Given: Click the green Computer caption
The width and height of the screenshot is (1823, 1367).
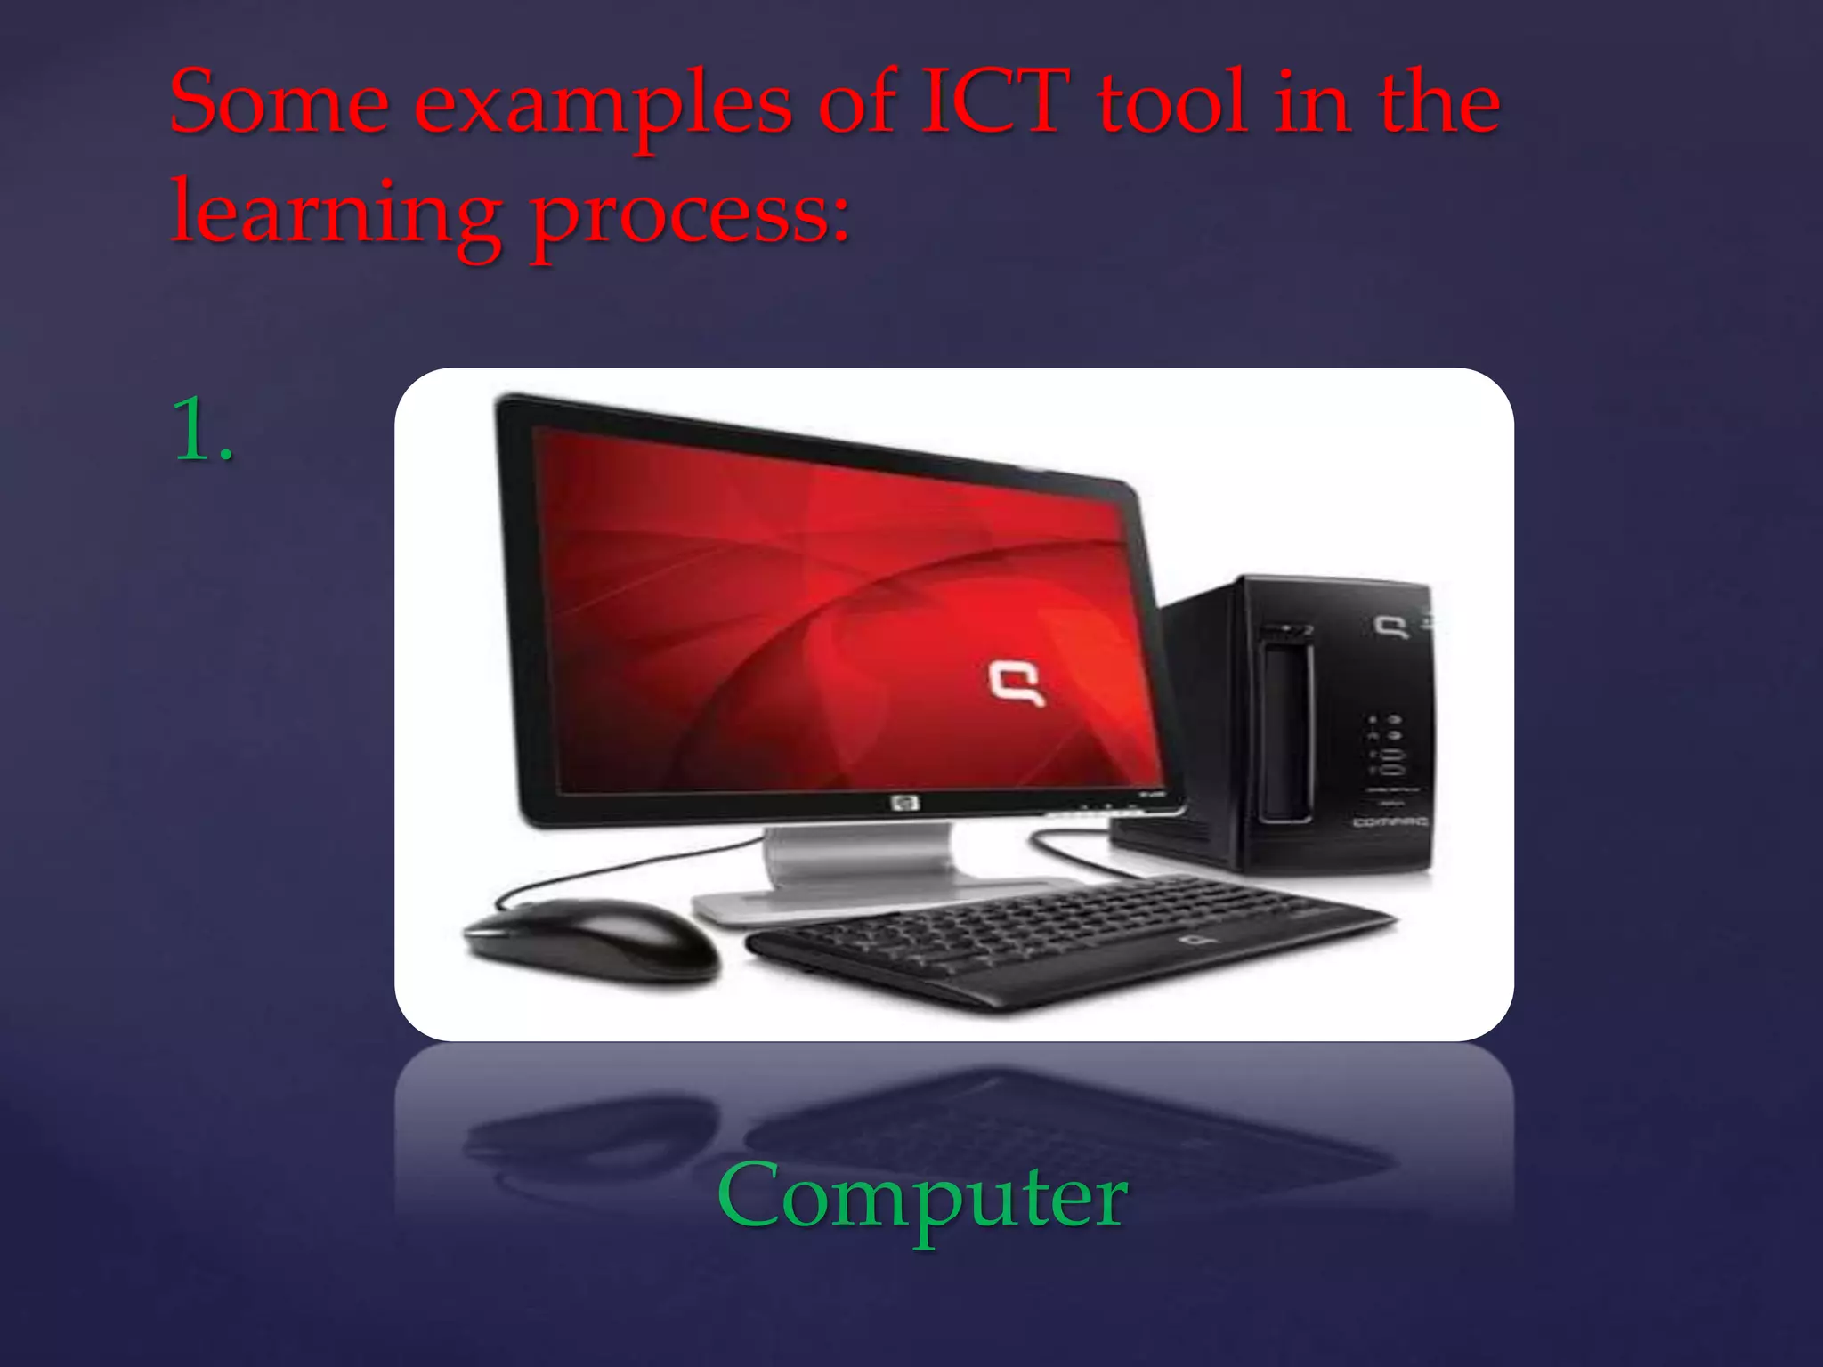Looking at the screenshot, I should tap(922, 1197).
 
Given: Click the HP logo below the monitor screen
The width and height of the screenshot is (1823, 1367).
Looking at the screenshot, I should tap(904, 805).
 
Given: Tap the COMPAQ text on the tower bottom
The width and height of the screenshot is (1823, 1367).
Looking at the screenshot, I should tap(1390, 821).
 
